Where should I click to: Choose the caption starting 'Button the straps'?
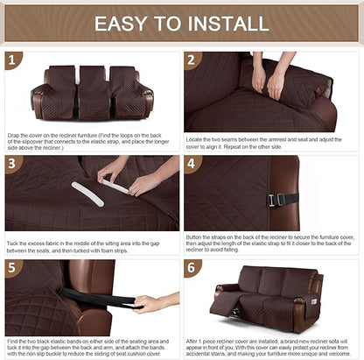pos(271,246)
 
